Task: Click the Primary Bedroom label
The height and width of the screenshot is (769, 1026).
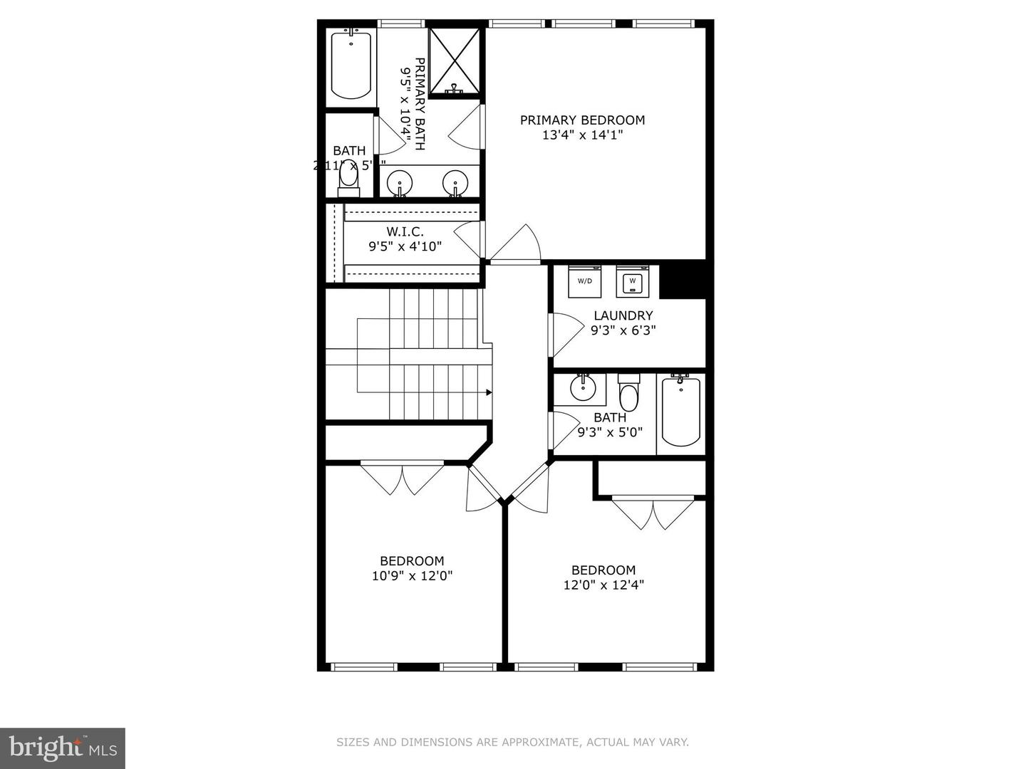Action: click(x=582, y=120)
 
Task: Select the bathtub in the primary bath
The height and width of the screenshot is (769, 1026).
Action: click(x=351, y=66)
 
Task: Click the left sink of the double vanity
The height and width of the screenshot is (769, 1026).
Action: click(x=400, y=183)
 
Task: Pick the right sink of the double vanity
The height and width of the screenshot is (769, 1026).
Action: click(x=455, y=183)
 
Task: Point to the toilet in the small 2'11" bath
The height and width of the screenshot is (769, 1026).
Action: click(x=349, y=177)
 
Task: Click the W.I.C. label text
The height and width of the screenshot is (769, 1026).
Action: click(x=405, y=231)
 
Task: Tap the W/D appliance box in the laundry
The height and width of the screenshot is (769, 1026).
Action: click(x=585, y=281)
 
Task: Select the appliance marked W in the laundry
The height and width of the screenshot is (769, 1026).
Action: click(x=632, y=281)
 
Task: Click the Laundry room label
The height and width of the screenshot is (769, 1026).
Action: click(x=623, y=315)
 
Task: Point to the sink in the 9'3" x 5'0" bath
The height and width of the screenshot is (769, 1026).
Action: click(x=583, y=389)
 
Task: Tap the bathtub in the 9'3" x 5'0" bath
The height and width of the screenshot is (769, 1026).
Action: click(x=680, y=412)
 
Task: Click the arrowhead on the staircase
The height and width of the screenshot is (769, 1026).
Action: click(x=489, y=392)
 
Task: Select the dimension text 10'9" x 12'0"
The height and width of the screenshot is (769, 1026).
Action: click(x=412, y=575)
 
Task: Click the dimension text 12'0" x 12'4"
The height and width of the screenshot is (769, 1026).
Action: click(x=603, y=585)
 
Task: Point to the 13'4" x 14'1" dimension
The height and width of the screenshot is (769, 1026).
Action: click(x=582, y=135)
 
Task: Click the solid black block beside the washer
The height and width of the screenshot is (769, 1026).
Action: click(x=683, y=281)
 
